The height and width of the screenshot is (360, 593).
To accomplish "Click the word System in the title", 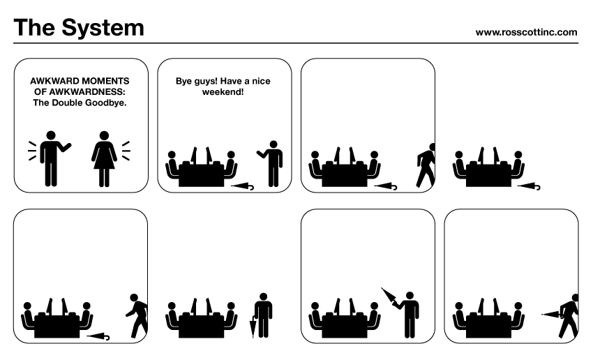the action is tap(103, 28).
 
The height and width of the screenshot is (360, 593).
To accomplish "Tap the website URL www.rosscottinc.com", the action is tap(527, 32).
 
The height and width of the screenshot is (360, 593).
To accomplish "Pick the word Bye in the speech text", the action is tap(183, 82).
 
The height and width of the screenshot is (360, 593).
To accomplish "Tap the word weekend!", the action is tap(223, 92).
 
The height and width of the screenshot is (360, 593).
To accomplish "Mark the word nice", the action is tap(262, 82).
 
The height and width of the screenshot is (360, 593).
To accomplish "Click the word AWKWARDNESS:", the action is tap(80, 91).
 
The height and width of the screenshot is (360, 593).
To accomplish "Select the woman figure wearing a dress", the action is tap(104, 159).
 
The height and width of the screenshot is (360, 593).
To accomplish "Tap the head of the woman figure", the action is tap(104, 136).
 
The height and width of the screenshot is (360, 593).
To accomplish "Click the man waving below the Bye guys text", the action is tap(271, 163).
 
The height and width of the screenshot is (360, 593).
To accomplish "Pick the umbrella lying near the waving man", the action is tap(242, 186).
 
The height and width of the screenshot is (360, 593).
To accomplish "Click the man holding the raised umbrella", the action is tap(408, 315).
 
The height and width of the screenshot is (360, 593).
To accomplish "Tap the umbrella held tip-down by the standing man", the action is tap(253, 327).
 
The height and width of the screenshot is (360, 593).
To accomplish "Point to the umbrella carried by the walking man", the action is tap(551, 314).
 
